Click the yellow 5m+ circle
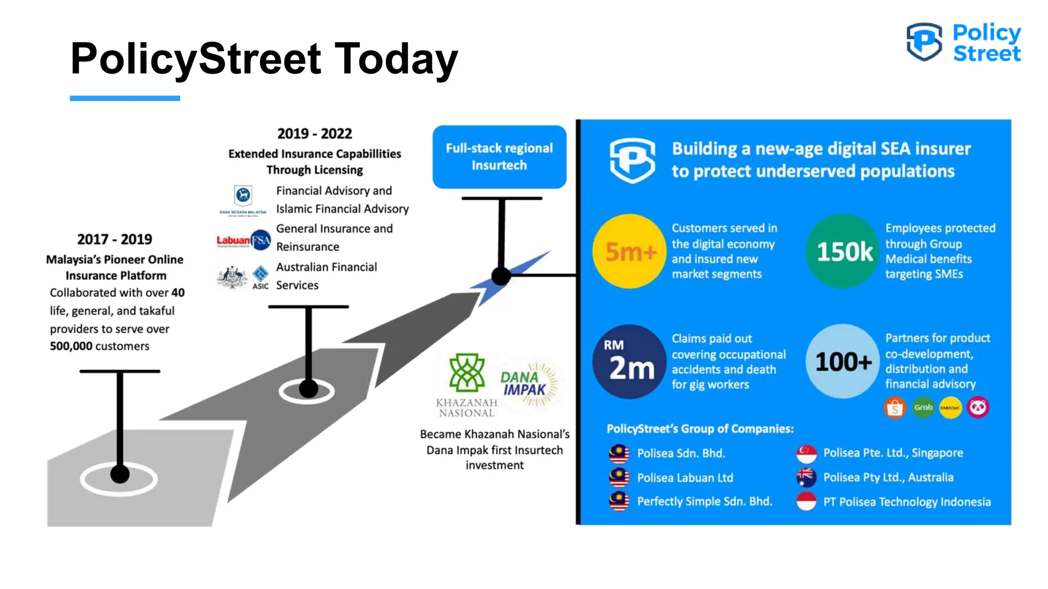(629, 251)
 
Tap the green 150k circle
(843, 251)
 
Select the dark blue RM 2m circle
(629, 361)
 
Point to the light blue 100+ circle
(843, 361)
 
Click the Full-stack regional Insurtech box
(499, 156)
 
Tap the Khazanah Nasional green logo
(466, 373)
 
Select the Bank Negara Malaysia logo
(243, 197)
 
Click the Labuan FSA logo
(244, 240)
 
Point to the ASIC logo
(260, 277)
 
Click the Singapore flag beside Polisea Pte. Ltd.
(806, 453)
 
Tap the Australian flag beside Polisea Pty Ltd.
(806, 477)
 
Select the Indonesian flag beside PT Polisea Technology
(806, 502)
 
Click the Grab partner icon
(923, 407)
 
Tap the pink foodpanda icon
(978, 407)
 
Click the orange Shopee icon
(895, 408)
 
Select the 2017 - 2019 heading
(115, 239)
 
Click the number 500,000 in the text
(71, 346)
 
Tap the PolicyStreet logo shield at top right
(924, 41)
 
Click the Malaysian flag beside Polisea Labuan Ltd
(619, 477)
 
